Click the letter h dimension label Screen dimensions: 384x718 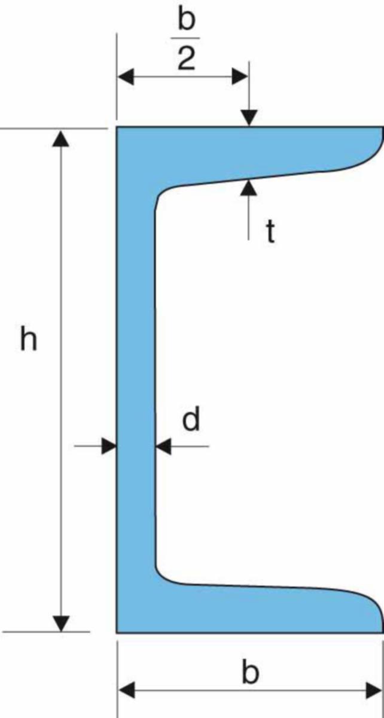pos(29,338)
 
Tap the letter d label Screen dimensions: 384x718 pos(191,418)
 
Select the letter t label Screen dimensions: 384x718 pos(270,232)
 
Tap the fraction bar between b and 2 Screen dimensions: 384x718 pos(185,38)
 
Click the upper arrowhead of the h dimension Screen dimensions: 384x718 pos(60,139)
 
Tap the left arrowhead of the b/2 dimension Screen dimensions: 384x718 pos(126,77)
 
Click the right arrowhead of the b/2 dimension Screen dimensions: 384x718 pos(240,77)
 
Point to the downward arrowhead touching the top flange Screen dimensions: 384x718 pos(249,118)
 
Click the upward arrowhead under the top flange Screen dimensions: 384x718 pos(249,188)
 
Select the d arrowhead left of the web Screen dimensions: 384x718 pos(109,446)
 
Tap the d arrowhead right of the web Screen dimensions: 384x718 pos(163,446)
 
